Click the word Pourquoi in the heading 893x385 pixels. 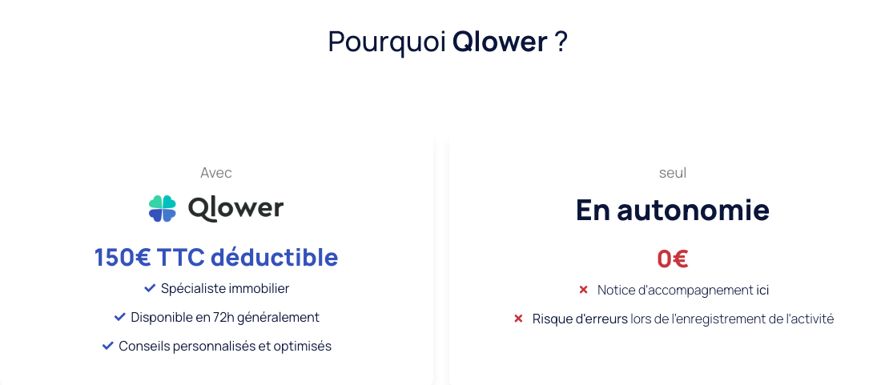[388, 42]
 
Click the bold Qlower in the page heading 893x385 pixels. [500, 42]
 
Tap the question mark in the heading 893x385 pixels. [561, 42]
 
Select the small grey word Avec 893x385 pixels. [216, 173]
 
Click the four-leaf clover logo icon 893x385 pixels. [163, 208]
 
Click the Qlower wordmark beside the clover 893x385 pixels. [235, 208]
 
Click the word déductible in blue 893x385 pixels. [275, 258]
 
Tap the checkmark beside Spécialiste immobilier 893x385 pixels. [150, 289]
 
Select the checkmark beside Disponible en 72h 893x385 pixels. [119, 317]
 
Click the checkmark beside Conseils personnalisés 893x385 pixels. [107, 346]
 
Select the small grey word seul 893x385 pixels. [673, 173]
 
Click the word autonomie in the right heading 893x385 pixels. [694, 210]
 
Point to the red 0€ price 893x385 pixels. [673, 259]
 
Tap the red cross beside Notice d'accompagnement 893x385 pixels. [583, 290]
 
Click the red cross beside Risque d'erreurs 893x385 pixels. [518, 319]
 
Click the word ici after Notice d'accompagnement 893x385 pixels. [762, 291]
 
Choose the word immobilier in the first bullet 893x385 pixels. [259, 289]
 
